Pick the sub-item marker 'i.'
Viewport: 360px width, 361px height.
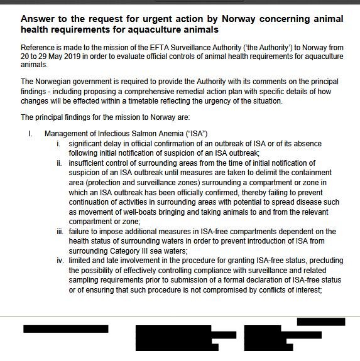(x=58, y=144)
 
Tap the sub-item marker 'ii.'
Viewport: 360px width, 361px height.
(x=58, y=163)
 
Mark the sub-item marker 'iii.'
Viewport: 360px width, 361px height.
(x=58, y=232)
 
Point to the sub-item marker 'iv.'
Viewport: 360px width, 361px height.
(x=58, y=261)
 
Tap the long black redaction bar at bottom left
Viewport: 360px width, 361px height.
(x=65, y=328)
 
